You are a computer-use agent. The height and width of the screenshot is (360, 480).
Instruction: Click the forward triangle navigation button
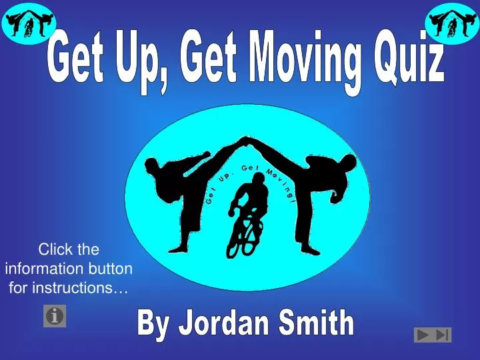423,335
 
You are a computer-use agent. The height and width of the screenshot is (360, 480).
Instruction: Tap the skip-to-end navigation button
443,335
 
